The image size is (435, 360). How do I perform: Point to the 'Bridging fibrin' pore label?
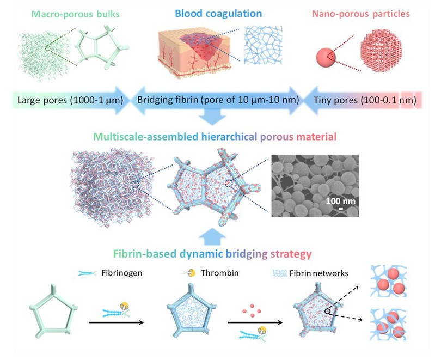click(212, 100)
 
